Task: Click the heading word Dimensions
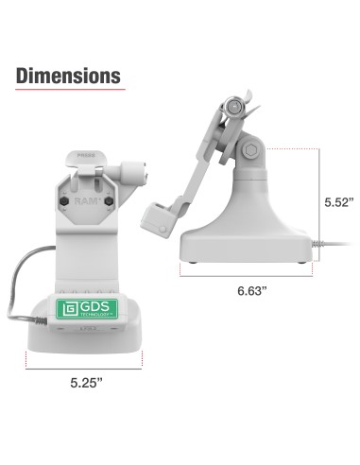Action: tap(69, 75)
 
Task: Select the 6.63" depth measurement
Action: tap(252, 293)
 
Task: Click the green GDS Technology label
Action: tap(93, 309)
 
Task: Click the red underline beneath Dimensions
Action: tap(69, 92)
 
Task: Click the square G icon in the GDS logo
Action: tap(67, 309)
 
